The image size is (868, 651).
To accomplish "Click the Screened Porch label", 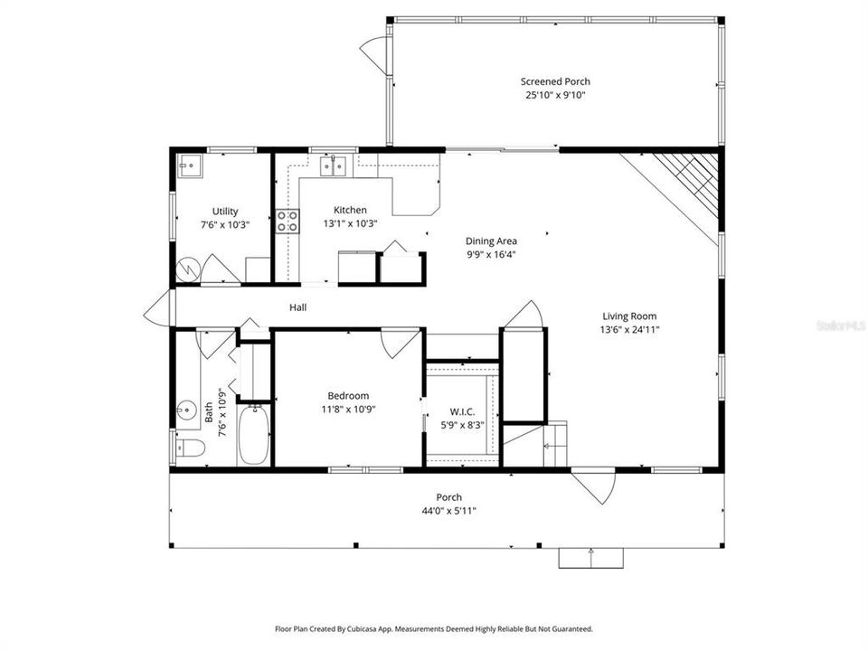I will coord(555,81).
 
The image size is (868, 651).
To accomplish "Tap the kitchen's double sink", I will coord(333,165).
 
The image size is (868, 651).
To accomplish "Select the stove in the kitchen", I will coord(288,222).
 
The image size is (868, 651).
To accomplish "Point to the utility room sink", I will coord(190,165).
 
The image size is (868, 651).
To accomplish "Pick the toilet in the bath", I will coord(187,447).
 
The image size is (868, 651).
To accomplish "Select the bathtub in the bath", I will coord(253,436).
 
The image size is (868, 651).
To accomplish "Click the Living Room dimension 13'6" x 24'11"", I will coord(629,330).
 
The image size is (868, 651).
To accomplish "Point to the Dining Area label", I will coord(491,241).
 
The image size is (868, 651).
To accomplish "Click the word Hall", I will coord(297,308).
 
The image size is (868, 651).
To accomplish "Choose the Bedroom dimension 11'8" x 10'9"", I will coord(348,409).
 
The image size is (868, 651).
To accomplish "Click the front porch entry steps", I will coord(590,558).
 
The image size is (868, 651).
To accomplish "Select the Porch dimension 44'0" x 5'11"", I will coord(449,511).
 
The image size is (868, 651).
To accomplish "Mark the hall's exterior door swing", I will coord(157,307).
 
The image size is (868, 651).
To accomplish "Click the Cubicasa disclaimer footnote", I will coord(434,628).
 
